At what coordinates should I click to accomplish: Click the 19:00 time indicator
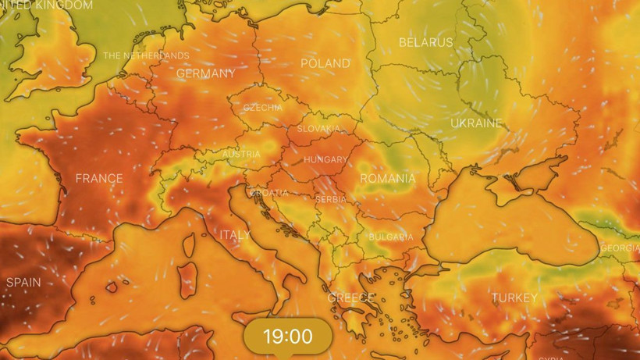click(287, 337)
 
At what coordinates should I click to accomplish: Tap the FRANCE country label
click(99, 179)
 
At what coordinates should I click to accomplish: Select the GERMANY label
click(205, 73)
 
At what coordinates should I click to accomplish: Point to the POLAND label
click(325, 62)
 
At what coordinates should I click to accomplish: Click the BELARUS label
click(425, 42)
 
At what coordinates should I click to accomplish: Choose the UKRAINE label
click(476, 123)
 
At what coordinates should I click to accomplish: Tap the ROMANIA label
click(387, 179)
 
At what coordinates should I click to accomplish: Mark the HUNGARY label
click(325, 159)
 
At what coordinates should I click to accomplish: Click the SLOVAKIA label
click(318, 128)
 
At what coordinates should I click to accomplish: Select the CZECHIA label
click(263, 108)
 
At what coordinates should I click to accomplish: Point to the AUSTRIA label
click(242, 154)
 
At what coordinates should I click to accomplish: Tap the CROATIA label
click(269, 193)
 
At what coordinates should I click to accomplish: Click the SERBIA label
click(330, 199)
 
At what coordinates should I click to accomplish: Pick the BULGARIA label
click(391, 237)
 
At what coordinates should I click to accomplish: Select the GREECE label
click(350, 298)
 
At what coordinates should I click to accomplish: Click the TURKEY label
click(514, 298)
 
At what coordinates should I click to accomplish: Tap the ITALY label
click(235, 234)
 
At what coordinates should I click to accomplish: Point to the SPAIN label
click(23, 282)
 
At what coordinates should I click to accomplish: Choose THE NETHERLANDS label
click(146, 55)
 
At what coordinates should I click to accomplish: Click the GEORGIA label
click(620, 248)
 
